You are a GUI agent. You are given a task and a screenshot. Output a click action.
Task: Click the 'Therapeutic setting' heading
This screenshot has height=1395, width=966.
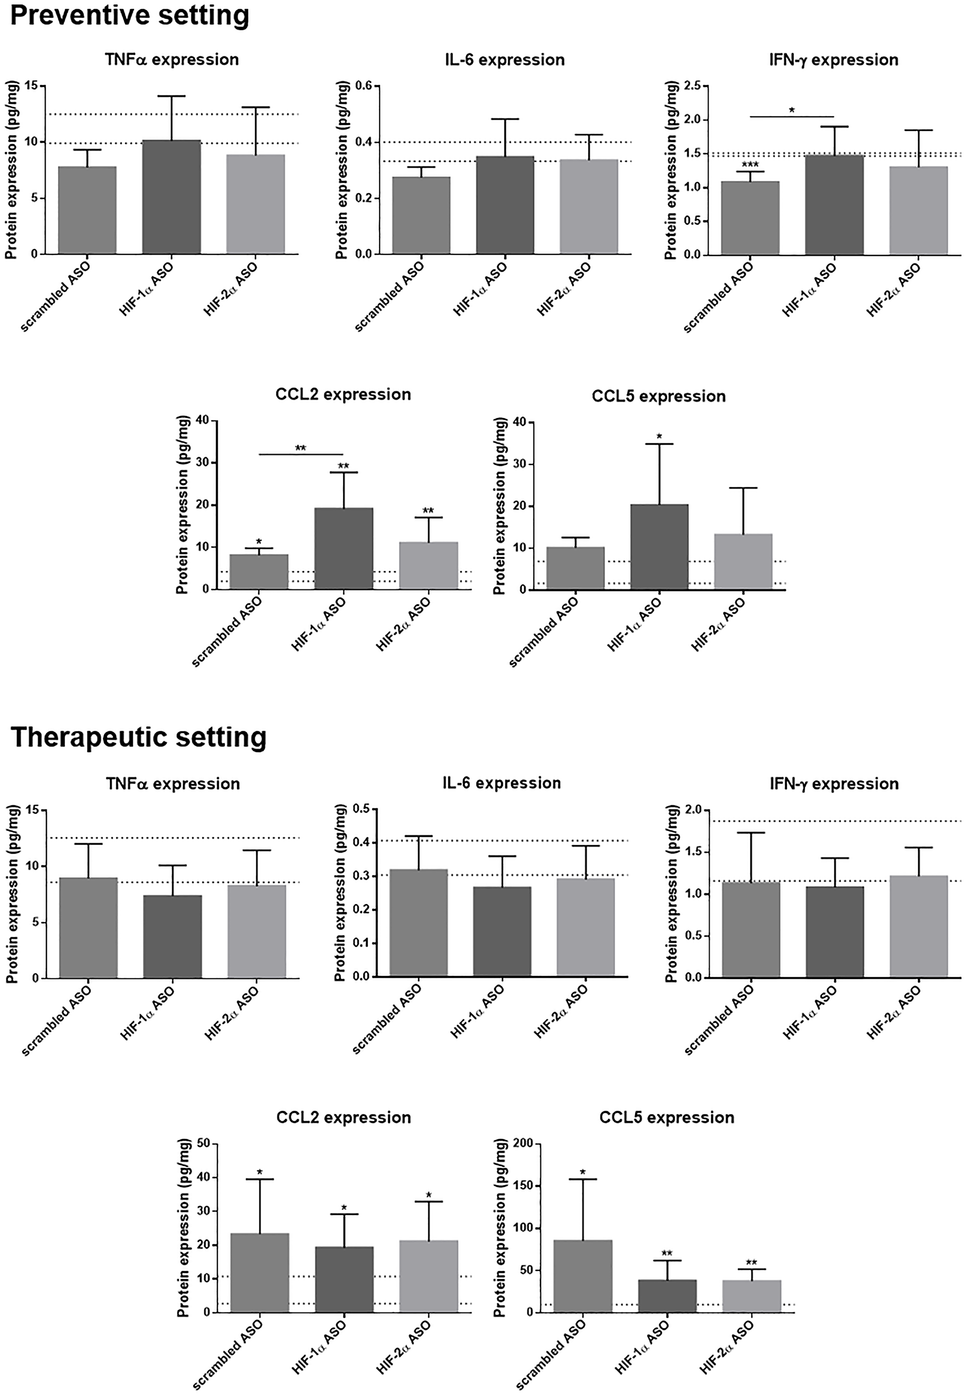(139, 737)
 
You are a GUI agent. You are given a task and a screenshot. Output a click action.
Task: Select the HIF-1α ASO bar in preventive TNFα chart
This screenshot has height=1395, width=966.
(172, 197)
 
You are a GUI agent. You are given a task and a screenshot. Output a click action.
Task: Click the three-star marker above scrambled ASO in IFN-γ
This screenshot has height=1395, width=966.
(750, 165)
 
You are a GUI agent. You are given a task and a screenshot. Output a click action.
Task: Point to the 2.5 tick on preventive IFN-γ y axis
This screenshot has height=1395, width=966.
(692, 86)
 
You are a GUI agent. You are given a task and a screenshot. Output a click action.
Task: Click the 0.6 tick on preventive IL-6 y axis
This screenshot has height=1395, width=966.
(364, 86)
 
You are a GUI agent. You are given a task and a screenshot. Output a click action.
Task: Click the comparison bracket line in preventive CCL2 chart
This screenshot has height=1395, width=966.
(301, 454)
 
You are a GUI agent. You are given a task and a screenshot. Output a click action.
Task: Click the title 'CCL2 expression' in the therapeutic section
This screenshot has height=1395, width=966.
(343, 1117)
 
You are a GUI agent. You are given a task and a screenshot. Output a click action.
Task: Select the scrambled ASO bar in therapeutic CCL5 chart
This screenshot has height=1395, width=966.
(583, 1276)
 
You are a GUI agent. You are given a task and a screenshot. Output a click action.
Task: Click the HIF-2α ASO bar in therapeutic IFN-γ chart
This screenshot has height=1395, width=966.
(918, 926)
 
